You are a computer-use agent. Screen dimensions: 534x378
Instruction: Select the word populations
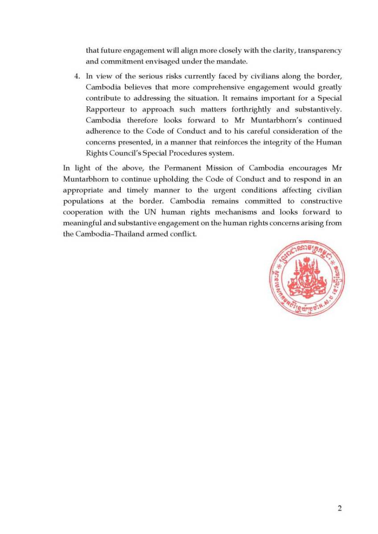pos(82,201)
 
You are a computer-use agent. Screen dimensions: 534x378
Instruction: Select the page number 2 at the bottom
pos(340,509)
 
